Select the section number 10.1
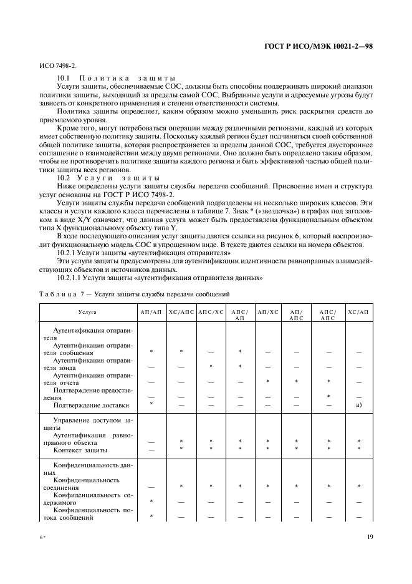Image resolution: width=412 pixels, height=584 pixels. click(63, 78)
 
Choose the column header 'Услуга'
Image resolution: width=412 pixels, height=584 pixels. click(88, 310)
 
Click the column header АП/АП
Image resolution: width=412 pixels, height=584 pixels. click(151, 310)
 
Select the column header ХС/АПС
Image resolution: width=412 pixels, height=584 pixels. click(181, 310)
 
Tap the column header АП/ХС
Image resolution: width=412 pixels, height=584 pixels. click(267, 310)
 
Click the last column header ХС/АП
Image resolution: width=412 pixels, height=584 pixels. click(358, 310)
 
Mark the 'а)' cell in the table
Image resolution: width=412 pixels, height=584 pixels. click(358, 405)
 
